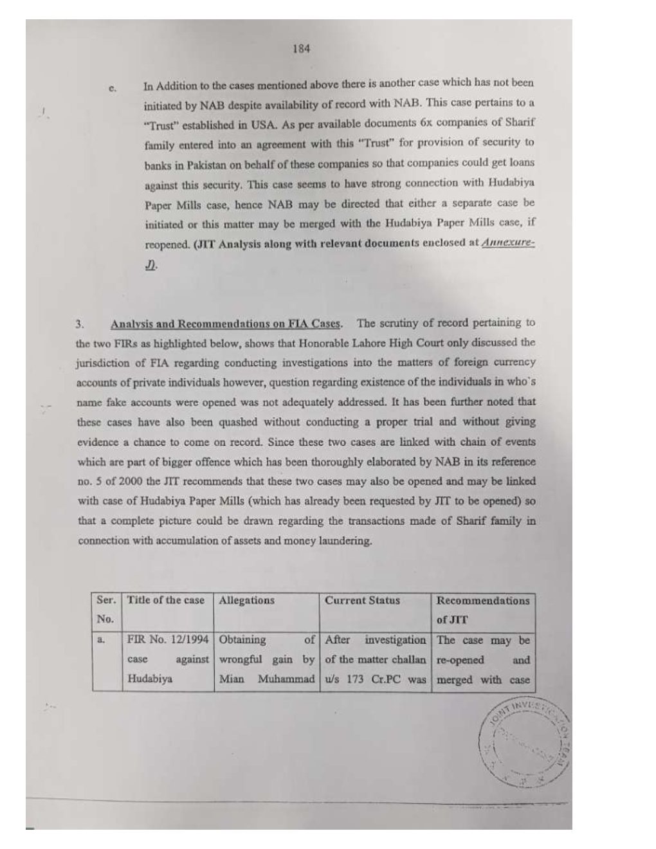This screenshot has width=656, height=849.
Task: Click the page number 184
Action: [x=300, y=48]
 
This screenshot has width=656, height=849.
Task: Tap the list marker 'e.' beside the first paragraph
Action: [x=113, y=88]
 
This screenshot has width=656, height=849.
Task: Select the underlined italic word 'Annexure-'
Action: [x=508, y=243]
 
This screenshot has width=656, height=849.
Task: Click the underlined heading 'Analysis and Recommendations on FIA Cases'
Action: [x=226, y=324]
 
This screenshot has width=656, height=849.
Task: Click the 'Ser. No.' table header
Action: [x=106, y=609]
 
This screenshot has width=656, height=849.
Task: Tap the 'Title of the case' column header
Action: [x=166, y=600]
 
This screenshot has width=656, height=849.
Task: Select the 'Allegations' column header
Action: [x=246, y=600]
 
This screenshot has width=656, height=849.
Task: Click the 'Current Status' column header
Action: [x=362, y=600]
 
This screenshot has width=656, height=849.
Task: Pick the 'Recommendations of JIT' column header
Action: [x=482, y=610]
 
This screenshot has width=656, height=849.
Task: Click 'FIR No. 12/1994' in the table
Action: [x=167, y=640]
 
